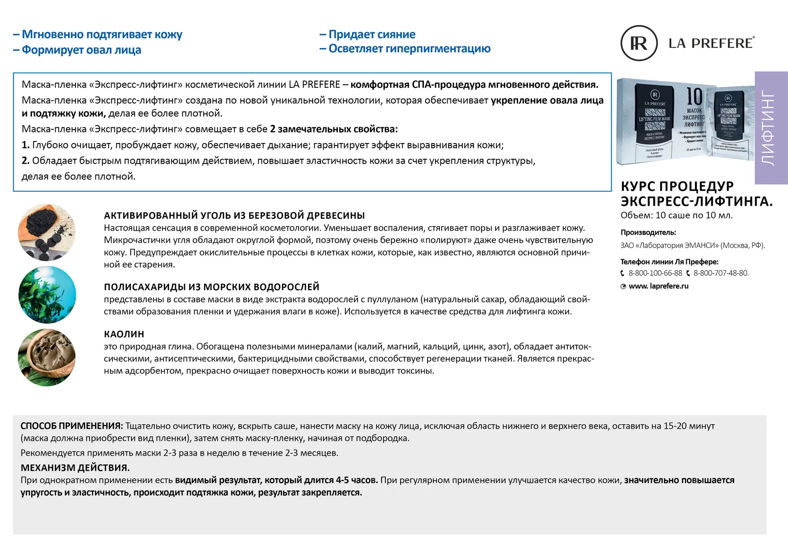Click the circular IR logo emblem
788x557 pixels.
point(639,43)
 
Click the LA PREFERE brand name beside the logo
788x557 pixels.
point(711,43)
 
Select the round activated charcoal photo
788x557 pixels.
point(47,232)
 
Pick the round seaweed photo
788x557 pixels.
point(47,295)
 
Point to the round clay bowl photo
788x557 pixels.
point(47,358)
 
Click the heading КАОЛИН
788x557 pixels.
point(124,334)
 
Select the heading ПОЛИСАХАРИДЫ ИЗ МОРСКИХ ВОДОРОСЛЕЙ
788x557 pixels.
point(212,287)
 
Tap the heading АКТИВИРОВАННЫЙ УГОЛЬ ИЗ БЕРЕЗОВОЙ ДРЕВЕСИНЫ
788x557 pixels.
point(234,216)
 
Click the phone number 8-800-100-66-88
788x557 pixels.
point(655,273)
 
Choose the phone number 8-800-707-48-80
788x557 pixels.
point(721,273)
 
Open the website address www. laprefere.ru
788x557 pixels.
point(658,286)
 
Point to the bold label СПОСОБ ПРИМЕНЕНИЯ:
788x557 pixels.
point(72,426)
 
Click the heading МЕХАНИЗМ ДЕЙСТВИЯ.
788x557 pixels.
point(75,468)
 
